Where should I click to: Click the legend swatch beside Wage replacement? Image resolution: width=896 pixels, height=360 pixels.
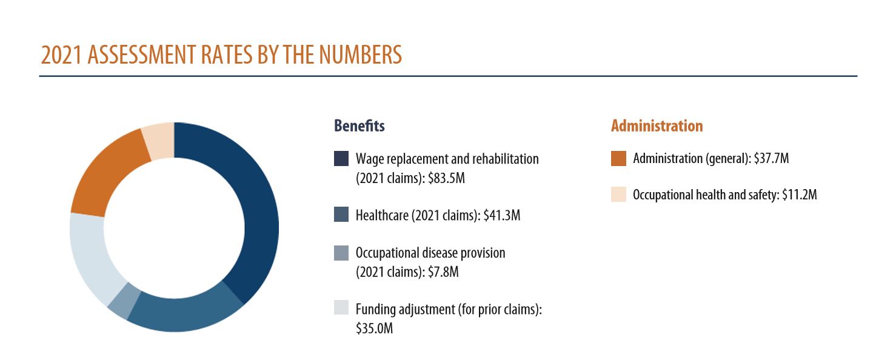click(341, 159)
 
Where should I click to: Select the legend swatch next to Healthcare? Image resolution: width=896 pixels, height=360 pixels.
click(341, 215)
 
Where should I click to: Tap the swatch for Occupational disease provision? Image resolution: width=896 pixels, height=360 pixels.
click(341, 253)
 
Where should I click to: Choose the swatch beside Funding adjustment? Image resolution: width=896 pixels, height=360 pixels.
click(341, 308)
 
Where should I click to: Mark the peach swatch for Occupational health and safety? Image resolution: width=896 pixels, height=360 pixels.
click(618, 195)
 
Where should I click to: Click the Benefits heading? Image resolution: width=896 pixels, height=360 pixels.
click(359, 126)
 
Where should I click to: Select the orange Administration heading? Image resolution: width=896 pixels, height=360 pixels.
click(657, 126)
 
